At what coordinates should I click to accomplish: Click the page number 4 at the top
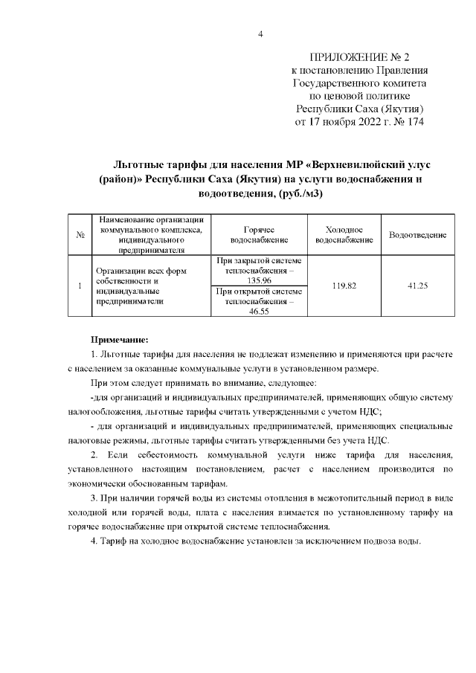click(x=260, y=34)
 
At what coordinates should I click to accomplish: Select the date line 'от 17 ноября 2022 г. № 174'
click(x=359, y=122)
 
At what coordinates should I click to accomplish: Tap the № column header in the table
click(x=79, y=235)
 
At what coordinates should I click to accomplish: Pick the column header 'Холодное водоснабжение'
click(x=344, y=235)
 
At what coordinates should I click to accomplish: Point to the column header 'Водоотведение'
click(x=417, y=235)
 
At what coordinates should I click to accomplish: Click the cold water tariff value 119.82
click(x=344, y=286)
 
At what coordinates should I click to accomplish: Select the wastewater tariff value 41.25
click(x=417, y=286)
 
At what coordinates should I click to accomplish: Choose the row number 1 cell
click(x=79, y=286)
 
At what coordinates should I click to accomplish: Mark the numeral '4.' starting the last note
click(x=94, y=541)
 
